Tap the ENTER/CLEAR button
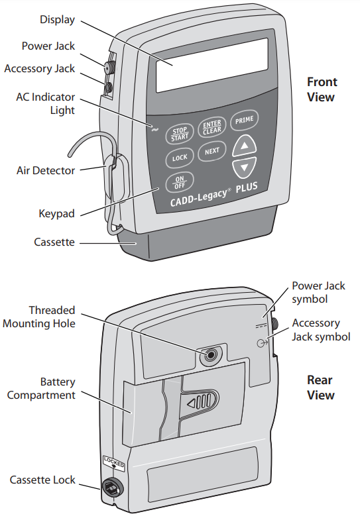[x=211, y=127]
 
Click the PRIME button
[x=244, y=120]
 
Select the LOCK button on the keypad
[x=180, y=158]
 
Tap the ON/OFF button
[x=180, y=181]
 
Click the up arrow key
[x=245, y=145]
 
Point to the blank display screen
[x=211, y=64]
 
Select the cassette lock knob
[x=111, y=489]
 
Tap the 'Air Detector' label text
[x=45, y=170]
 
